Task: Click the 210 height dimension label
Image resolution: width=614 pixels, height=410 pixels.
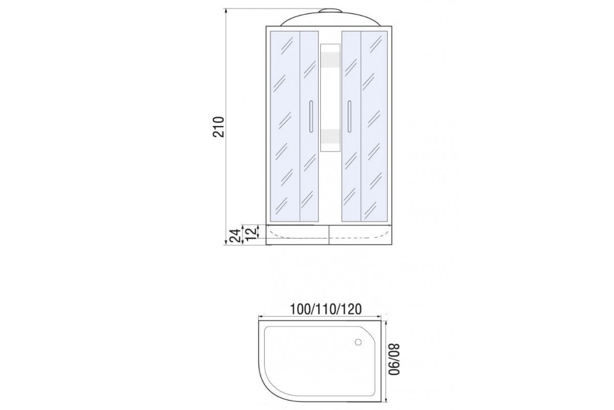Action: (x=219, y=127)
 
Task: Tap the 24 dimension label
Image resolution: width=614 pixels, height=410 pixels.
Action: (x=235, y=235)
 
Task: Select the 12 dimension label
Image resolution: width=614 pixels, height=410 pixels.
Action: (x=251, y=233)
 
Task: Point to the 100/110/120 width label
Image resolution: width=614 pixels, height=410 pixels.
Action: (x=325, y=310)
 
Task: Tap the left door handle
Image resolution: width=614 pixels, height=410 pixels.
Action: (x=311, y=117)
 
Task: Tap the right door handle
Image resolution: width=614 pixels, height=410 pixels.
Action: (x=349, y=117)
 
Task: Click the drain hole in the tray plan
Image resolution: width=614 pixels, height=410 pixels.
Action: (x=358, y=342)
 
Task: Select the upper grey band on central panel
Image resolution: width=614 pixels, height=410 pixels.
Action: (x=331, y=59)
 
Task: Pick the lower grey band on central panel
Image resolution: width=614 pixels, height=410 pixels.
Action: (x=331, y=136)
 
